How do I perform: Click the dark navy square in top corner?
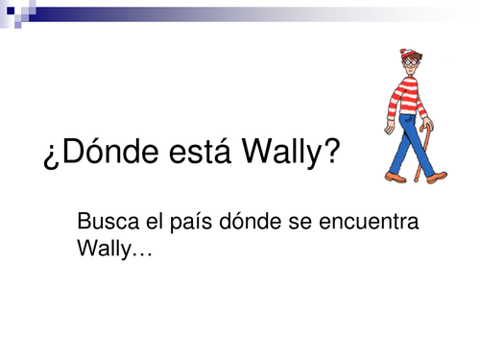pos(8,7)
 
